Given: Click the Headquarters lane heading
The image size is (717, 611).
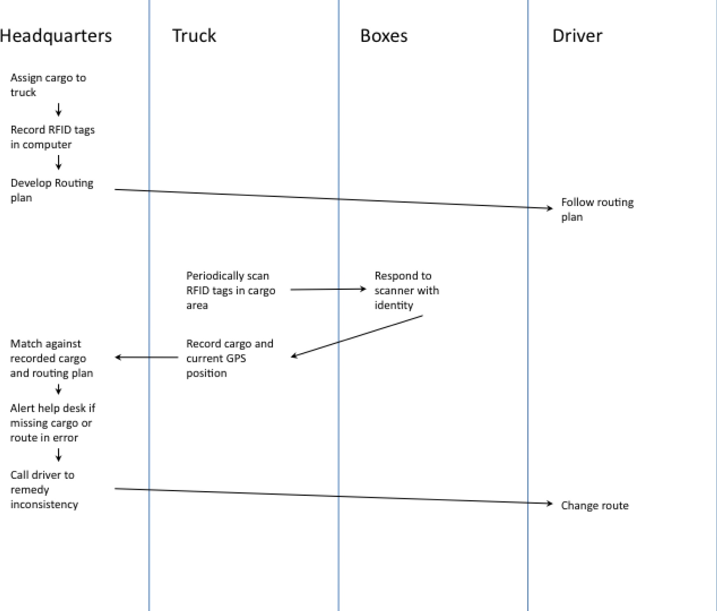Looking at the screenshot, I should [x=56, y=36].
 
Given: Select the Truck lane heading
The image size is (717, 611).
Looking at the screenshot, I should [x=194, y=36].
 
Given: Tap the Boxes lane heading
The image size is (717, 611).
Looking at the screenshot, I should [x=384, y=36].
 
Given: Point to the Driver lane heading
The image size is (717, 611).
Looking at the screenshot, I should [x=577, y=36].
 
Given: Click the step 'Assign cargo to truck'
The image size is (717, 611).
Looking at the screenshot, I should [x=48, y=85].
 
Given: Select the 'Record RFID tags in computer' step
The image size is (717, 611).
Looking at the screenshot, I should [x=53, y=137].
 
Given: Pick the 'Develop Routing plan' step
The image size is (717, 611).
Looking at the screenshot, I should [x=52, y=190].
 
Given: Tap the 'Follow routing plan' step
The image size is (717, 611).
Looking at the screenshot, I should [x=597, y=209].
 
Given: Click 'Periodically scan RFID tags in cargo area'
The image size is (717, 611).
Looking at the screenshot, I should [x=230, y=291].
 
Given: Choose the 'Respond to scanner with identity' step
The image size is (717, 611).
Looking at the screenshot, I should [x=406, y=291].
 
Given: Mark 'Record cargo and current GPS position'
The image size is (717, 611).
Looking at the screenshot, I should [x=229, y=358].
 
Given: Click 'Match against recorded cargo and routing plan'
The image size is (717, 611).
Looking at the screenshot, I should [x=51, y=358].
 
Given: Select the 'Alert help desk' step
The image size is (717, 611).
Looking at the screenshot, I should [x=52, y=423].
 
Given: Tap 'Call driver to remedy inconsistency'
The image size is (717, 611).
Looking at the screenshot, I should [x=44, y=490].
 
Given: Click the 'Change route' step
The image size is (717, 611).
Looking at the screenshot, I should [x=594, y=506].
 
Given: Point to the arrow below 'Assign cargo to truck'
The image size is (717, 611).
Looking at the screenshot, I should [x=58, y=110].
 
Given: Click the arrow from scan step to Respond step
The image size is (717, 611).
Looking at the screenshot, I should [x=328, y=289].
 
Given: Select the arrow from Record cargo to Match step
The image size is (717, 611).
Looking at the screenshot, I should [x=147, y=357].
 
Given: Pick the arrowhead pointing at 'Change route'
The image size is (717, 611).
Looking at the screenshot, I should [x=550, y=504].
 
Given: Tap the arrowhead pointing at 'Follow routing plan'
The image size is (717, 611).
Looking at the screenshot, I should [x=550, y=208].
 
